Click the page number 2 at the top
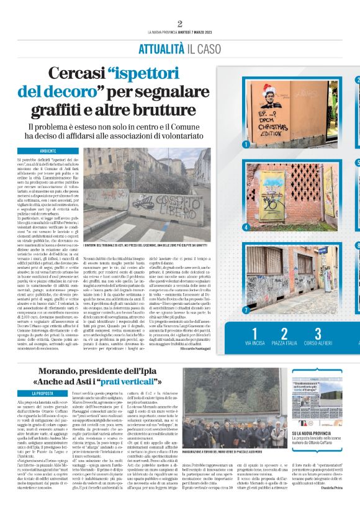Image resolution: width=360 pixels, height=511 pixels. click(x=179, y=24)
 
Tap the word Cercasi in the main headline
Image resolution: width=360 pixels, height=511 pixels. click(x=76, y=75)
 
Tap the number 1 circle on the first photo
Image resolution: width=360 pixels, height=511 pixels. click(x=246, y=145)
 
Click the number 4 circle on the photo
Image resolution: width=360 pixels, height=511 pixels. click(x=246, y=227)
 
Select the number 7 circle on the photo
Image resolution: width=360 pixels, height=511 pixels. click(x=246, y=310)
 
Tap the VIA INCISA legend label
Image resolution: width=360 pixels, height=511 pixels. click(x=255, y=343)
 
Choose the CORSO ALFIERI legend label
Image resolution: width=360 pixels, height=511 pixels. click(x=317, y=343)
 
